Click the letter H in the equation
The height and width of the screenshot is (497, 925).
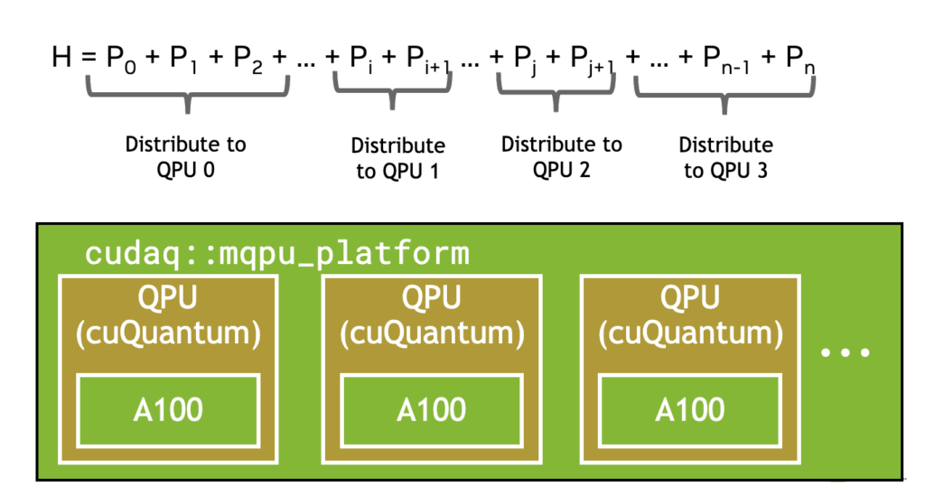tap(61, 57)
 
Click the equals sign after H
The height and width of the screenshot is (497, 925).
tap(89, 58)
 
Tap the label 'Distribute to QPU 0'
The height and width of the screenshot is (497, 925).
tap(186, 157)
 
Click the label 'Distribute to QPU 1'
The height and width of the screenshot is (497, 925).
tap(398, 158)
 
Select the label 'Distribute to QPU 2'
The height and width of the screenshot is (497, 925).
tap(562, 157)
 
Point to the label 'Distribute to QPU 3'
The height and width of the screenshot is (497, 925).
tap(725, 157)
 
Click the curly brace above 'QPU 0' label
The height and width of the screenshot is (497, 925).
tap(188, 93)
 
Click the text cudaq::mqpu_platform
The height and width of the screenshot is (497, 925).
tap(277, 254)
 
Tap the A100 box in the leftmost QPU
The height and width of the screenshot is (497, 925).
tap(168, 410)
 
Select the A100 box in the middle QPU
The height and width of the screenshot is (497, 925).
tap(432, 410)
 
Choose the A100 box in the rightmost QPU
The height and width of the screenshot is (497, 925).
tap(690, 410)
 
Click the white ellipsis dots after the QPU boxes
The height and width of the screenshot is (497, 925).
tap(846, 353)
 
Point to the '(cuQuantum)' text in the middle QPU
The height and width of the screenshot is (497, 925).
tap(432, 333)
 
